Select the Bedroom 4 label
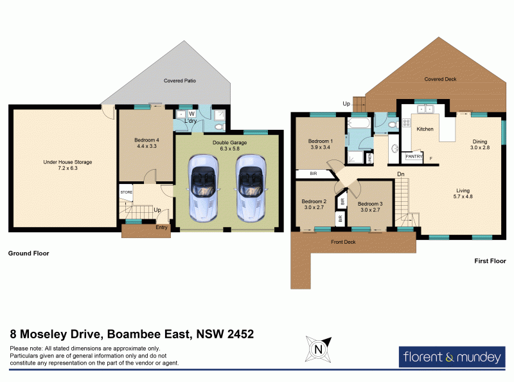pyautogui.click(x=146, y=143)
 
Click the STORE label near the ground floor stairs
pyautogui.click(x=126, y=191)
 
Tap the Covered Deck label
pyautogui.click(x=441, y=79)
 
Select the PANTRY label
pyautogui.click(x=414, y=155)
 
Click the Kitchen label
pyautogui.click(x=425, y=129)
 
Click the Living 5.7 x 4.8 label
pyautogui.click(x=463, y=194)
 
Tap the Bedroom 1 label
pyautogui.click(x=320, y=143)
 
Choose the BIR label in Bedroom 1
pyautogui.click(x=312, y=174)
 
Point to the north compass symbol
pyautogui.click(x=317, y=349)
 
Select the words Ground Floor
pyautogui.click(x=28, y=253)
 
